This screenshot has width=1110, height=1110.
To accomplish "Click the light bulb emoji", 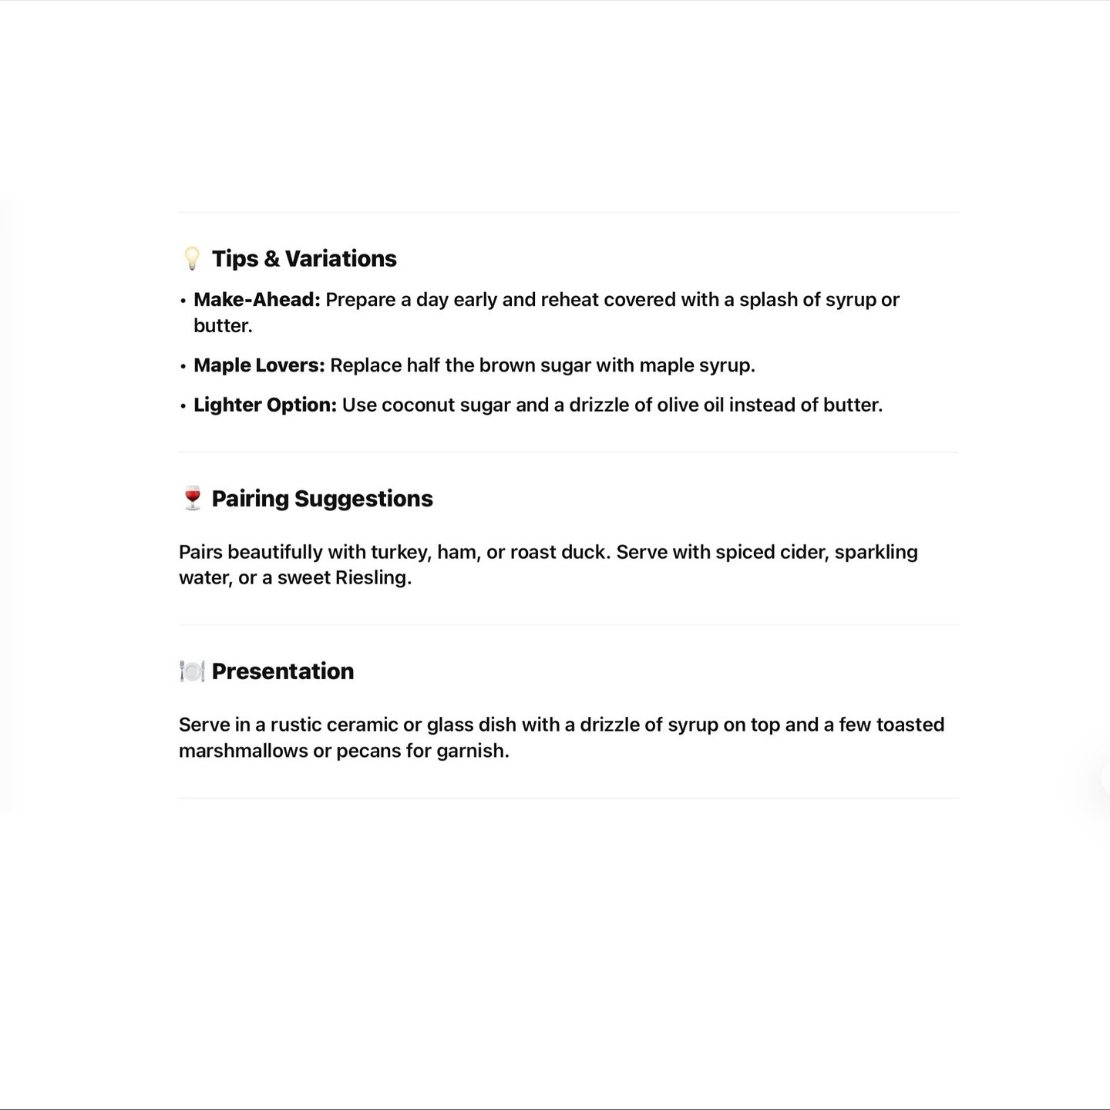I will point(192,258).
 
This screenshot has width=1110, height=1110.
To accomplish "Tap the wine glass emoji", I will point(192,498).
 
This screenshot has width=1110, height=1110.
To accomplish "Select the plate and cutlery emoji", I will point(192,671).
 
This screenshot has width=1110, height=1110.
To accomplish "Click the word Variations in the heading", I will point(341,258).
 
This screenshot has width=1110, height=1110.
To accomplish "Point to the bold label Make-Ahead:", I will point(257,300).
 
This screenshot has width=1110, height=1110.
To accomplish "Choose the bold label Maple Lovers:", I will point(259,365).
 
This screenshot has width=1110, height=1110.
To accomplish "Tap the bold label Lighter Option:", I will point(265,405).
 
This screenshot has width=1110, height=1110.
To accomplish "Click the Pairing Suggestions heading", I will point(322,499).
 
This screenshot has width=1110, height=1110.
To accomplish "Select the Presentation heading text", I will point(283,671).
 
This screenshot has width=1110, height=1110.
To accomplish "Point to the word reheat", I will point(570,300).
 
